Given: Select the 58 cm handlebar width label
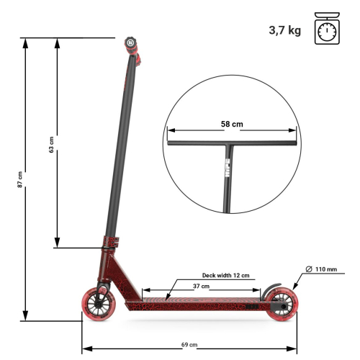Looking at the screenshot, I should pyautogui.click(x=232, y=124).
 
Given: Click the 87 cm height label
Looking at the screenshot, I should pyautogui.click(x=20, y=180).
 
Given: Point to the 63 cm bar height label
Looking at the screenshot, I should pyautogui.click(x=51, y=144).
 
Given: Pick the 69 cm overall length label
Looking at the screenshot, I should pyautogui.click(x=189, y=345).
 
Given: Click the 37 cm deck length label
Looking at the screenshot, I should pyautogui.click(x=201, y=286).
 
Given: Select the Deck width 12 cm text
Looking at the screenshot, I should pyautogui.click(x=225, y=275).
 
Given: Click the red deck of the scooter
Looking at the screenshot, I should pyautogui.click(x=194, y=301).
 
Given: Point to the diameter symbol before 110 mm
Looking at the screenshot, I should pyautogui.click(x=308, y=269).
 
